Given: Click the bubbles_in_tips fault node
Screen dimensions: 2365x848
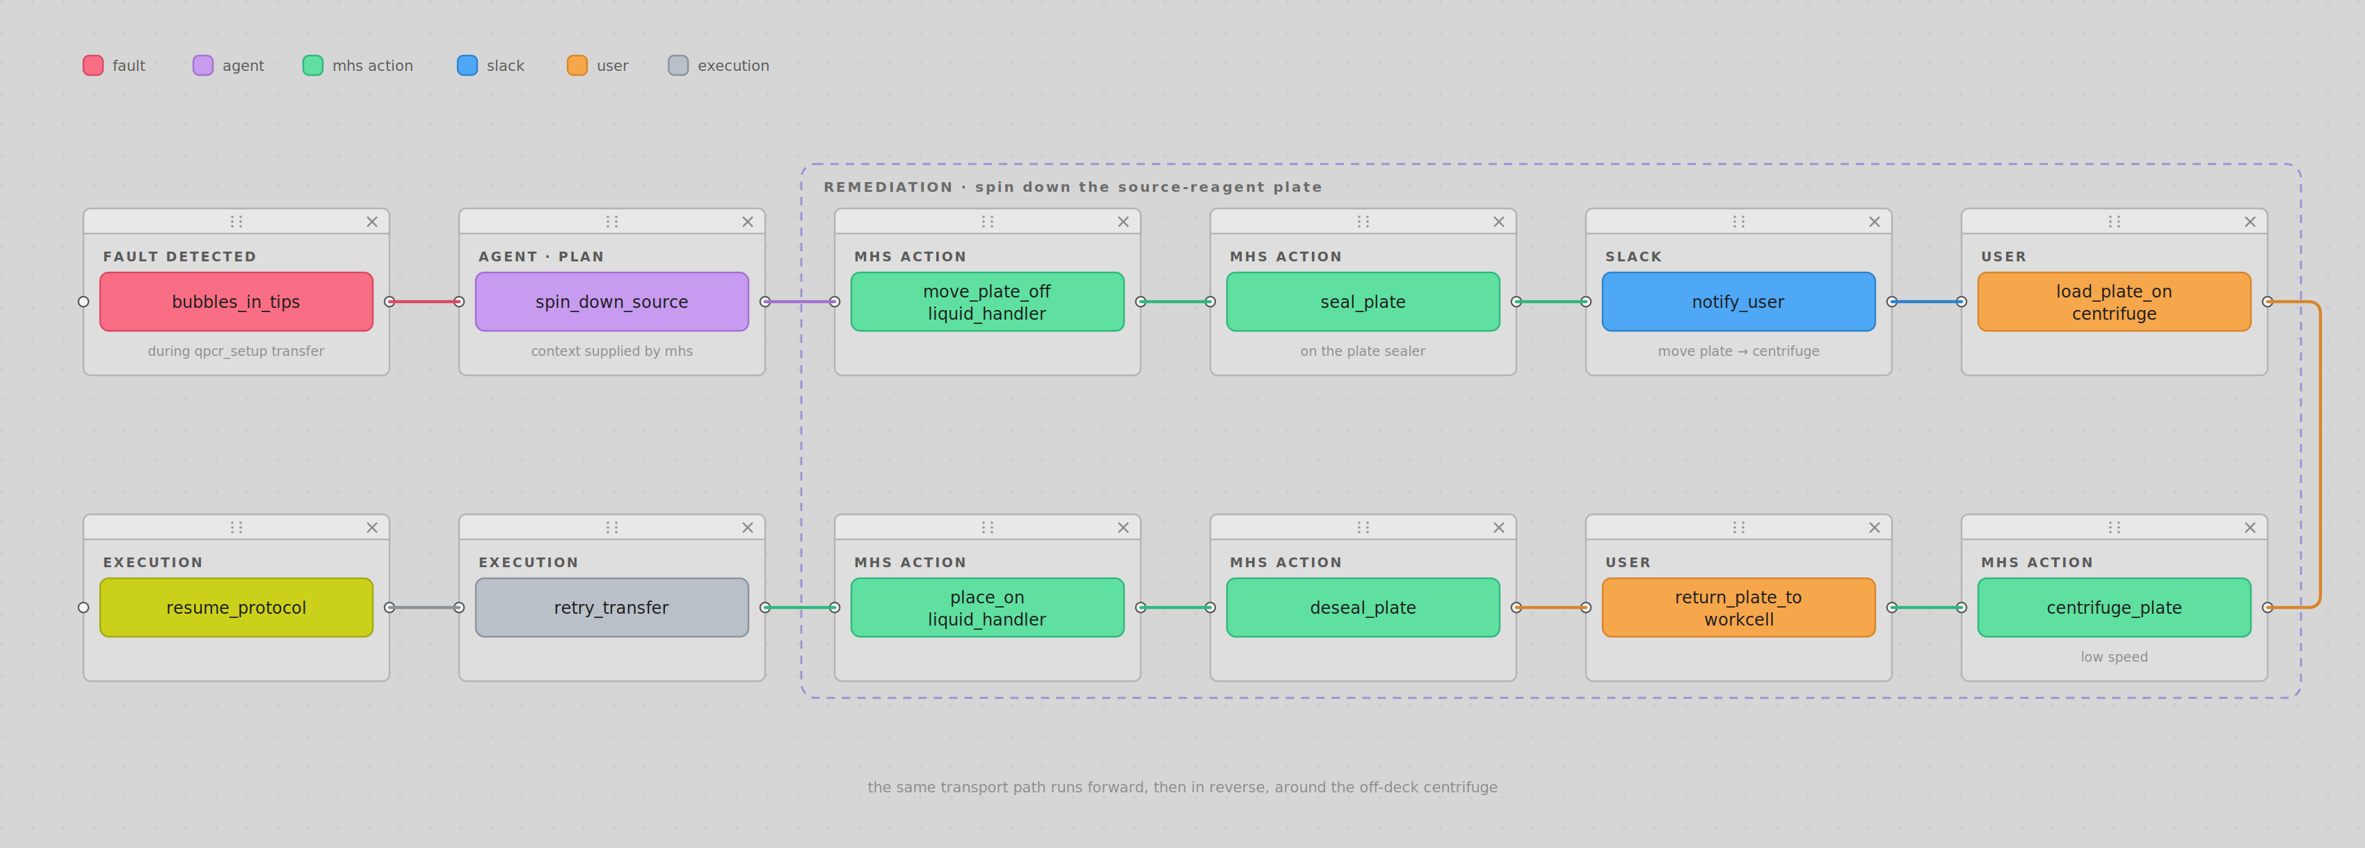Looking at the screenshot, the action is pyautogui.click(x=236, y=301).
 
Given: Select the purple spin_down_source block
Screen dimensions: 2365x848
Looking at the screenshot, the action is pyautogui.click(x=611, y=301).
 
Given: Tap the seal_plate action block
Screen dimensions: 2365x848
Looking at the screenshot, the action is pyautogui.click(x=1363, y=301).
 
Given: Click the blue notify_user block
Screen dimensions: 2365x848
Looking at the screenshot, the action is pyautogui.click(x=1738, y=301).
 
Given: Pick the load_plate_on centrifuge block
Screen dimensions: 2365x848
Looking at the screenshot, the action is pyautogui.click(x=2113, y=301).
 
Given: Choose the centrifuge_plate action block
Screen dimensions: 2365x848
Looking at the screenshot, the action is pyautogui.click(x=2113, y=608).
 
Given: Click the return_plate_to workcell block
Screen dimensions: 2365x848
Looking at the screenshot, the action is pyautogui.click(x=1738, y=608).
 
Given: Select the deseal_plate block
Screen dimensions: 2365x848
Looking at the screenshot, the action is pyautogui.click(x=1363, y=608).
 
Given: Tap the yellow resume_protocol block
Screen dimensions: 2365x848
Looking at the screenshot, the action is pyautogui.click(x=236, y=608).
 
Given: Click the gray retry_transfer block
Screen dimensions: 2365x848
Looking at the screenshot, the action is pyautogui.click(x=611, y=608).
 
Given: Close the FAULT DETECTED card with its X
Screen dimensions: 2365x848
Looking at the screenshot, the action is pyautogui.click(x=372, y=221).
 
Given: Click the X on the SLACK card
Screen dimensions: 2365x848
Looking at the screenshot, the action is pyautogui.click(x=1874, y=221).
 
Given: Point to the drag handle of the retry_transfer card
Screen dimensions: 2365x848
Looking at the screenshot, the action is pyautogui.click(x=611, y=527).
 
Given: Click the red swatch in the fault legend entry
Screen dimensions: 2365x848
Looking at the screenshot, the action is pyautogui.click(x=93, y=65).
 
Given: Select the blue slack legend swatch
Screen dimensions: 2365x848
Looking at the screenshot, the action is pyautogui.click(x=467, y=65).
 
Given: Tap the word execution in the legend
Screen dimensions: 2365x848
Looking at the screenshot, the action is pyautogui.click(x=732, y=65).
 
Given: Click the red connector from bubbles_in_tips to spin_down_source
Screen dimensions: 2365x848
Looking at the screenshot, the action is pyautogui.click(x=424, y=301).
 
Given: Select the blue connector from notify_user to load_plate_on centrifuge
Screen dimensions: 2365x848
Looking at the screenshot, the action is pyautogui.click(x=1926, y=301).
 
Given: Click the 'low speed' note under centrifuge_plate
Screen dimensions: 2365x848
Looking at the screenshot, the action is pyautogui.click(x=2113, y=657).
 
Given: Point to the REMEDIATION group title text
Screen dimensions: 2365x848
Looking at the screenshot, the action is pyautogui.click(x=1073, y=187).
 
